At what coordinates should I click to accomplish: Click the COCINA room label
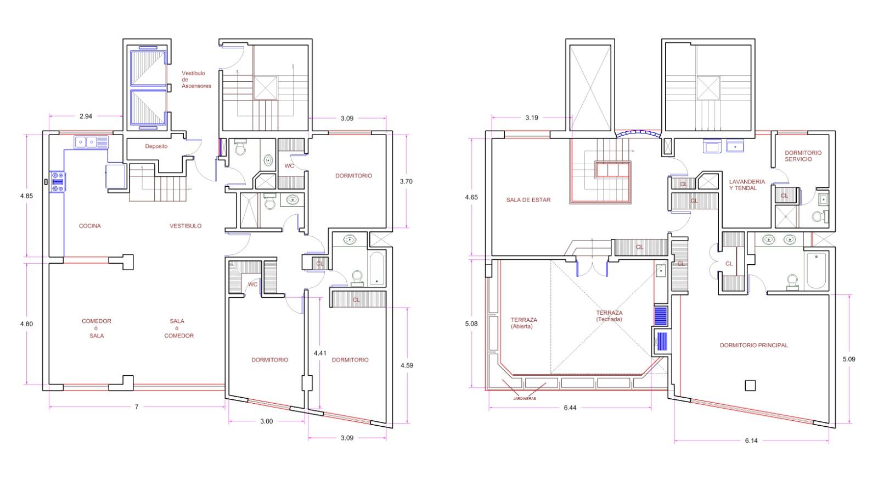90,226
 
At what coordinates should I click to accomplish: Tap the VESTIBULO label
185,226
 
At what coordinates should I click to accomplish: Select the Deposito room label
156,146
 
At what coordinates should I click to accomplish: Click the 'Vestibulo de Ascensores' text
196,79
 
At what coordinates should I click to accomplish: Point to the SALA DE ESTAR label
528,200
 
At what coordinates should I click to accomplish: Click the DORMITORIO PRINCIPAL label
753,346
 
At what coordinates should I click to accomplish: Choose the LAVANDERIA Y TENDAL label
747,185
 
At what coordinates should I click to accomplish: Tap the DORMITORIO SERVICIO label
803,156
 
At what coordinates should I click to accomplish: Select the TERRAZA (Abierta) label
524,323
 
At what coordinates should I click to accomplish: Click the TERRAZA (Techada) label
609,316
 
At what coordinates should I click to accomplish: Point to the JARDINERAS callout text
525,399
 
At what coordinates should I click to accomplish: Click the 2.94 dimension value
86,116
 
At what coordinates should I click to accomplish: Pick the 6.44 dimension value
570,408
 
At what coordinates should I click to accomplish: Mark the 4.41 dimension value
320,353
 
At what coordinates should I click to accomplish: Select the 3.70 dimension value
406,182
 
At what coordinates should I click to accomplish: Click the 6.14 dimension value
751,441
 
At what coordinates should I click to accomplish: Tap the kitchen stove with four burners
58,182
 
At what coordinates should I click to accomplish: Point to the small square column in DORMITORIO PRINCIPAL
750,386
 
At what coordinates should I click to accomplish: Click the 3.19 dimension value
532,118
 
